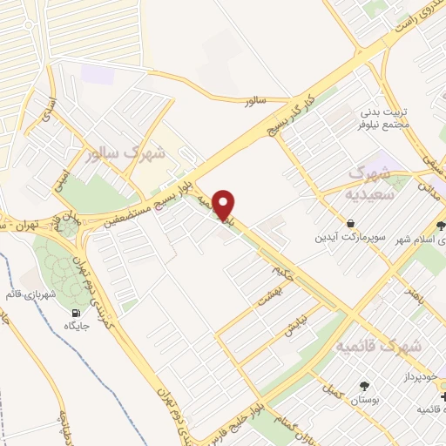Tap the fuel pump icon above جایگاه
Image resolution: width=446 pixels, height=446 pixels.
(x=77, y=313)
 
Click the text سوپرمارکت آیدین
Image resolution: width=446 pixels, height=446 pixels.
(x=349, y=238)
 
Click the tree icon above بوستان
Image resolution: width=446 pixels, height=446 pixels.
(x=363, y=385)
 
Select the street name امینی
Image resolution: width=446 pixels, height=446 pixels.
(x=59, y=178)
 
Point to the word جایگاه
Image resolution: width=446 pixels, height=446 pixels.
(x=77, y=327)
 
